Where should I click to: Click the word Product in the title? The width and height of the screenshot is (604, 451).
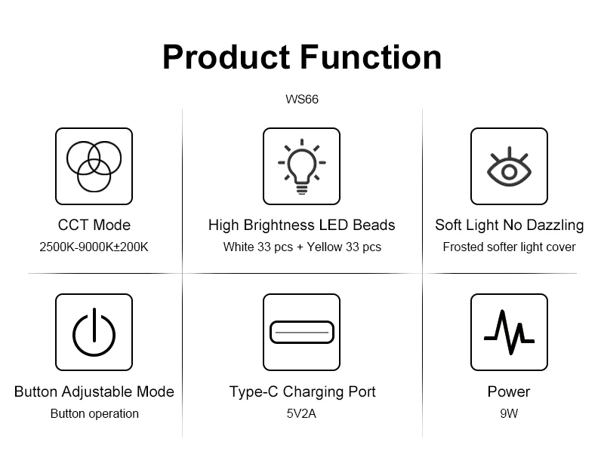[x=226, y=57]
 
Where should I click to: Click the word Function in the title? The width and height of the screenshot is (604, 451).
[x=371, y=57]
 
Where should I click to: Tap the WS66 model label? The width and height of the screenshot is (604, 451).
[x=302, y=100]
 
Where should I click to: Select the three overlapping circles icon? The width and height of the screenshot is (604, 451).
[x=94, y=166]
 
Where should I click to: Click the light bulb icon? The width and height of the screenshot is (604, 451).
[x=301, y=166]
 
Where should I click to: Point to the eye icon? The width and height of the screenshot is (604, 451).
[x=509, y=167]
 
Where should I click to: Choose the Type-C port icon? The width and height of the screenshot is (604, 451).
[x=301, y=332]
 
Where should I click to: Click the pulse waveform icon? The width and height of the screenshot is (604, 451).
[x=509, y=332]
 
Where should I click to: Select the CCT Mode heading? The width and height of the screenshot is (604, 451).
[x=94, y=225]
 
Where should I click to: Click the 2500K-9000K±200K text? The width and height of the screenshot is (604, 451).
[x=94, y=247]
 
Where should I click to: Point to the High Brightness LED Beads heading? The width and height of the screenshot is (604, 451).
[x=301, y=225]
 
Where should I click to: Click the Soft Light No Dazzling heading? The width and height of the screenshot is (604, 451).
[x=509, y=225]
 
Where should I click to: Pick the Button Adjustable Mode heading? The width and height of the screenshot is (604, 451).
[x=94, y=391]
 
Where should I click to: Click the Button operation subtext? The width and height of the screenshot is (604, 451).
[x=94, y=414]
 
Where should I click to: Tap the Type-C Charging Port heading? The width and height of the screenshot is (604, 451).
[x=302, y=391]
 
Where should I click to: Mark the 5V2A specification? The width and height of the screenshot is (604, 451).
[x=301, y=414]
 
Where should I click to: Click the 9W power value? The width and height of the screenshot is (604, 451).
[x=509, y=414]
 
